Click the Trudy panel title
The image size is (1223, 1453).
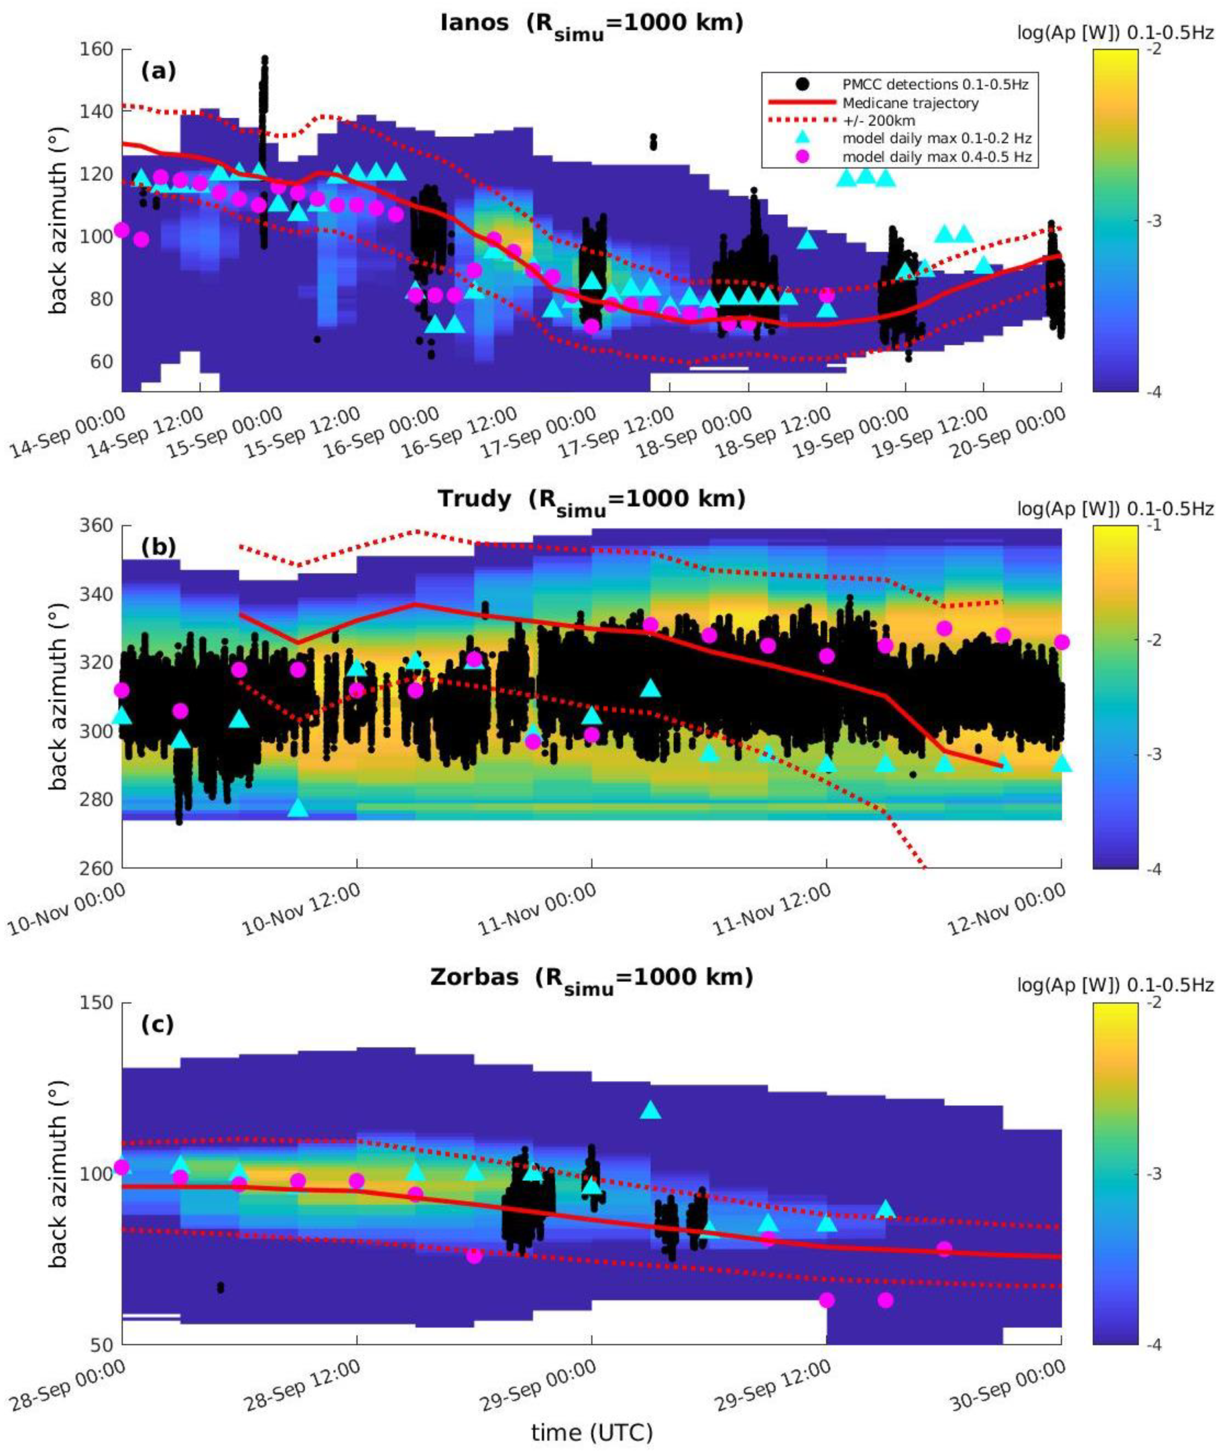(x=591, y=500)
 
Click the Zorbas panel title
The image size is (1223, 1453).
(x=591, y=977)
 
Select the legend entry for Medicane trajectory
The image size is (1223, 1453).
(x=909, y=103)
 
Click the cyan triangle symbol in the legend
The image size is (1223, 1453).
(x=802, y=139)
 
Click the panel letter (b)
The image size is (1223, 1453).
(x=158, y=547)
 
